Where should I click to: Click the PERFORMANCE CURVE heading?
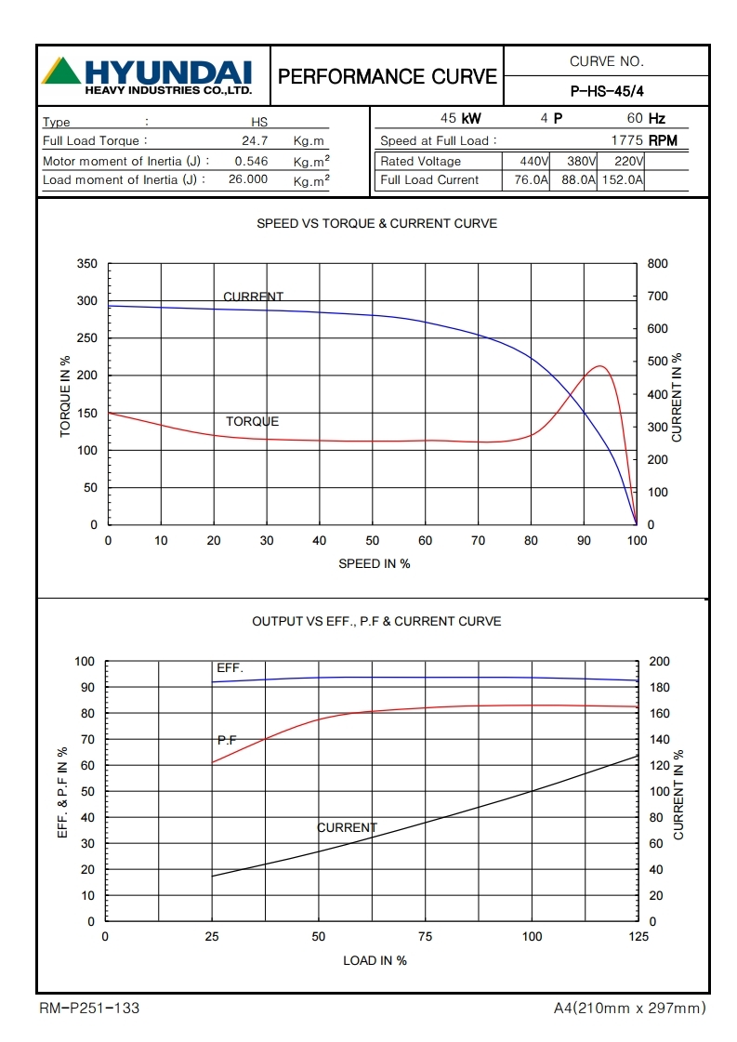pyautogui.click(x=388, y=76)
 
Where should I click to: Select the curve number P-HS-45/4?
pyautogui.click(x=606, y=90)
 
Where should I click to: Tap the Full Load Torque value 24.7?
pyautogui.click(x=255, y=141)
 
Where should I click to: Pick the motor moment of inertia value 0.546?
pyautogui.click(x=251, y=161)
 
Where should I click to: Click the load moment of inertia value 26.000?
pyautogui.click(x=248, y=179)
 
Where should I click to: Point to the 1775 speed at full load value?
pyautogui.click(x=628, y=141)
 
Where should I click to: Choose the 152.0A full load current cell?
pyautogui.click(x=623, y=180)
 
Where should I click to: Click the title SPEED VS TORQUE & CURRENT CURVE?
pyautogui.click(x=376, y=224)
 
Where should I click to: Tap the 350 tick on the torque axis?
pyautogui.click(x=87, y=264)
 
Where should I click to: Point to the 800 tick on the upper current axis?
pyautogui.click(x=657, y=264)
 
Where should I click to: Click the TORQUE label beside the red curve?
pyautogui.click(x=252, y=421)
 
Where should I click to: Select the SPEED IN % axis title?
pyautogui.click(x=374, y=563)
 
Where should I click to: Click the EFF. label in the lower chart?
pyautogui.click(x=230, y=667)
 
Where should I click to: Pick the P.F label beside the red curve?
pyautogui.click(x=227, y=740)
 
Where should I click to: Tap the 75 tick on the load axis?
pyautogui.click(x=426, y=937)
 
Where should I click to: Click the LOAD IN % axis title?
pyautogui.click(x=375, y=960)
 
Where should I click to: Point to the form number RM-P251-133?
pyautogui.click(x=89, y=1009)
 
